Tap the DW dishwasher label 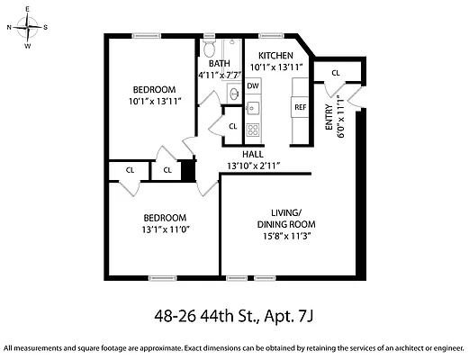(253, 86)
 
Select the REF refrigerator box (300, 107)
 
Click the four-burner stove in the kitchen (253, 130)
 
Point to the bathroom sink (234, 94)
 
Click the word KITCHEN (275, 56)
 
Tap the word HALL (253, 154)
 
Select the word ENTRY (329, 117)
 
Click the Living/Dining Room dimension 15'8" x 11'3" (286, 236)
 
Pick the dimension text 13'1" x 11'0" (166, 229)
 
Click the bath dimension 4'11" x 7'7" (220, 75)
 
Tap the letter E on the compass (27, 9)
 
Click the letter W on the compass (28, 46)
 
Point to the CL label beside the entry (336, 73)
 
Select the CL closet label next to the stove (233, 127)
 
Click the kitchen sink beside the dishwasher (253, 107)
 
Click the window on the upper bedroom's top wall (147, 36)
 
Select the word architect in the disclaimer (409, 348)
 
